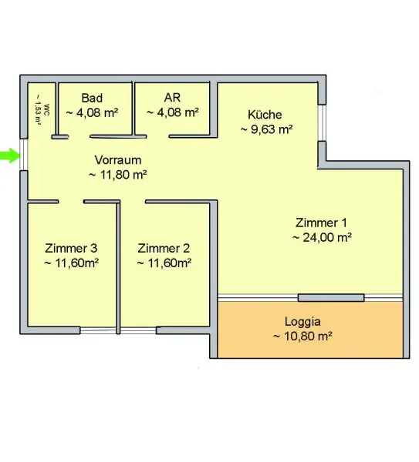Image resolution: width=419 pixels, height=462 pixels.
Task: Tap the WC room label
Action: pos(46,109)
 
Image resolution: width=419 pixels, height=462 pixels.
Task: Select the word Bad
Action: pos(92,98)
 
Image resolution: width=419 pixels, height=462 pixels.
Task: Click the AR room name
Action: pos(172,98)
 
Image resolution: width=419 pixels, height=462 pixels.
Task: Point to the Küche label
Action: pos(265,114)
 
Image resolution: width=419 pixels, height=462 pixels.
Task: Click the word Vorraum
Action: pos(118,160)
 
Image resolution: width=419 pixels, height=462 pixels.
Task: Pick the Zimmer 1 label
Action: pos(321,223)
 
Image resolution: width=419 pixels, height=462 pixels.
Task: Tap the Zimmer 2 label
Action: pos(164,249)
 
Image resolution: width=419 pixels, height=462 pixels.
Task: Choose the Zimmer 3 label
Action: pos(71,249)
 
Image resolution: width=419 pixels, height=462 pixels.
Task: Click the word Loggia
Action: pos(302,322)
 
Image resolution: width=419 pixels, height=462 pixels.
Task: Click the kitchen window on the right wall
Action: pos(322,122)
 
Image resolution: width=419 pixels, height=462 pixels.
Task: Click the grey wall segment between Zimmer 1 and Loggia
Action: pos(331,297)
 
